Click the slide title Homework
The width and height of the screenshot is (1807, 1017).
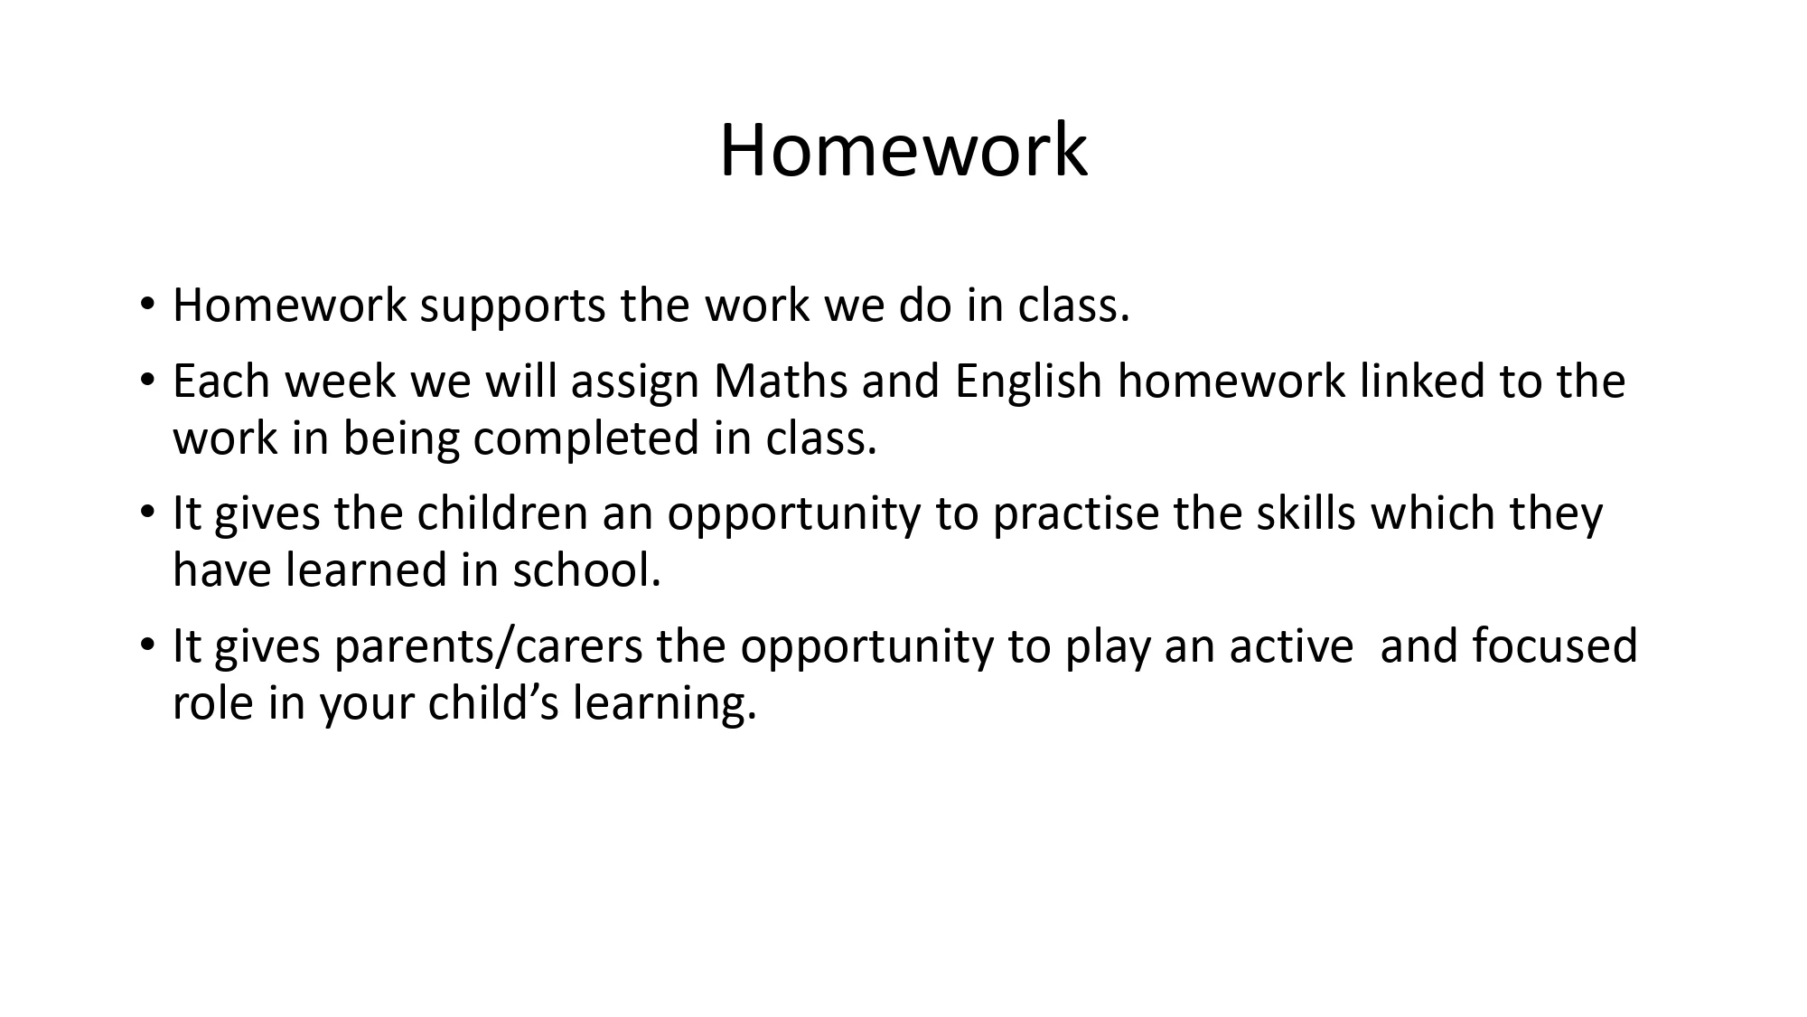903,150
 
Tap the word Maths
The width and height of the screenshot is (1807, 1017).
781,381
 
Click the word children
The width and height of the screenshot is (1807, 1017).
502,513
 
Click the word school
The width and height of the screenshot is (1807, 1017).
587,570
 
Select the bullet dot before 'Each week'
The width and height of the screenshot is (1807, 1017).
148,382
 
